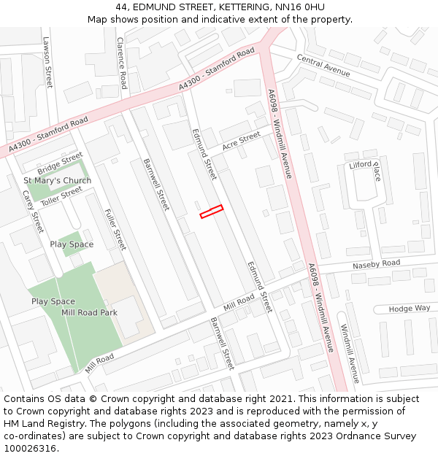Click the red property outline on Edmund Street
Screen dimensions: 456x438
point(211,212)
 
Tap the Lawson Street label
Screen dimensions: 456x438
point(48,63)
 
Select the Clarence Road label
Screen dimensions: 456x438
point(121,63)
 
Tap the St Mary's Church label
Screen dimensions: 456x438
point(57,180)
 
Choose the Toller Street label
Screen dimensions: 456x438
point(61,194)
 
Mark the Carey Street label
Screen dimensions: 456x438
point(34,212)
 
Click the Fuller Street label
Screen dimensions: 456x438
point(115,229)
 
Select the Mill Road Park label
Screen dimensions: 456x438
point(89,312)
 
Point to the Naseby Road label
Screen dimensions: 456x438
point(376,263)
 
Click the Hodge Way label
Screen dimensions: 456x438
point(410,309)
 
